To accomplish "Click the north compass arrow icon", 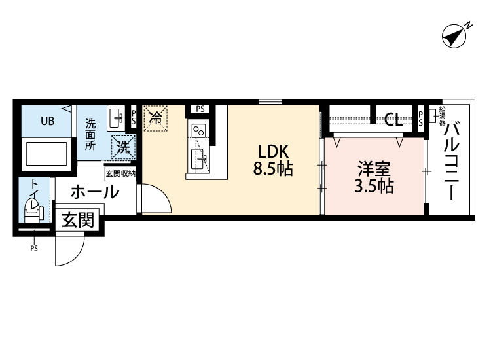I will pyautogui.click(x=454, y=36).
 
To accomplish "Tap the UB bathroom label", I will pyautogui.click(x=48, y=120).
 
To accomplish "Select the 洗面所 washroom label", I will pyautogui.click(x=90, y=134).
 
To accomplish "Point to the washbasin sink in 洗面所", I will pyautogui.click(x=115, y=118).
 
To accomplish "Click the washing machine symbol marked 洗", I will pyautogui.click(x=122, y=147).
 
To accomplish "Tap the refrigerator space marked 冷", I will pyautogui.click(x=156, y=118).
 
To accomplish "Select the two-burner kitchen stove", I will pyautogui.click(x=199, y=132).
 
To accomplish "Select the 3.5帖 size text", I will pyautogui.click(x=373, y=187).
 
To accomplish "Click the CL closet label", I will pyautogui.click(x=393, y=119).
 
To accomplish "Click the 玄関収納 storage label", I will pyautogui.click(x=120, y=173).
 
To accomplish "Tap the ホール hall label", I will pyautogui.click(x=94, y=192).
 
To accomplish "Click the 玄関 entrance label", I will pyautogui.click(x=78, y=221).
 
